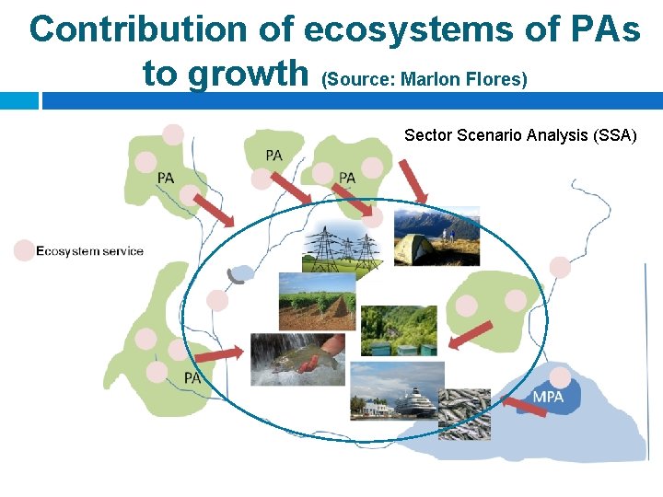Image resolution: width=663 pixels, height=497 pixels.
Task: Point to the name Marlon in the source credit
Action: [431, 80]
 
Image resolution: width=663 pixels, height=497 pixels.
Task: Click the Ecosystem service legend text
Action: [89, 251]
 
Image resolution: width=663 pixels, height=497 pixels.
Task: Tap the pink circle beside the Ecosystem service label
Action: [23, 250]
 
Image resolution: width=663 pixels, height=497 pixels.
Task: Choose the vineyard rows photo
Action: [316, 301]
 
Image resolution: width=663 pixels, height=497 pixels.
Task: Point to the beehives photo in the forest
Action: [398, 330]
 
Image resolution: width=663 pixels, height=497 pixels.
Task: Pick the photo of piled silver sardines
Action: [465, 413]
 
